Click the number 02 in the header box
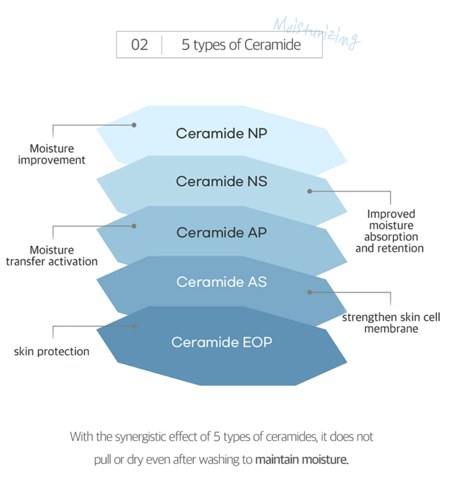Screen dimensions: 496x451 pos(140,45)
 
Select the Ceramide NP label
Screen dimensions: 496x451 pos(221,134)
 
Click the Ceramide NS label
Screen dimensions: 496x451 pos(221,181)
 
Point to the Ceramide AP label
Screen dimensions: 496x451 pos(221,232)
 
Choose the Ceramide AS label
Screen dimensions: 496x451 pos(221,282)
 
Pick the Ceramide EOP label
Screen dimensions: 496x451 pos(221,342)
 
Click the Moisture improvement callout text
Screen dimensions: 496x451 pos(51,154)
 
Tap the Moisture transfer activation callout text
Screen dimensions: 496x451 pos(51,256)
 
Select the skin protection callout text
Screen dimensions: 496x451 pos(51,352)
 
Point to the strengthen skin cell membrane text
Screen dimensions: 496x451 pos(391,323)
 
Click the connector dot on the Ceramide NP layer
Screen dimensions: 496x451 pos(134,125)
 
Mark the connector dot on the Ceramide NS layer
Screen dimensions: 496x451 pos(310,191)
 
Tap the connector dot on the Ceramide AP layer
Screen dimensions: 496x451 pos(134,226)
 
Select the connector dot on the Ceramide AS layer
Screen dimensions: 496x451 pos(310,292)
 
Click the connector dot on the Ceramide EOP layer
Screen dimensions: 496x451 pos(134,326)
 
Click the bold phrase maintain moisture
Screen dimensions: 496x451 pos(302,460)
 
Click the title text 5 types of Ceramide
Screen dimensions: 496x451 pos(241,45)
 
